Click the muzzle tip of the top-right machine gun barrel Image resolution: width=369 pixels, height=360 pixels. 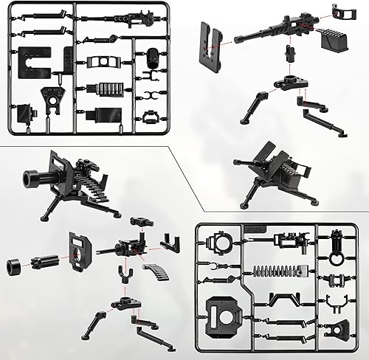point(238,41)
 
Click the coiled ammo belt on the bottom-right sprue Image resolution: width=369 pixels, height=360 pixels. point(278,269)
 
